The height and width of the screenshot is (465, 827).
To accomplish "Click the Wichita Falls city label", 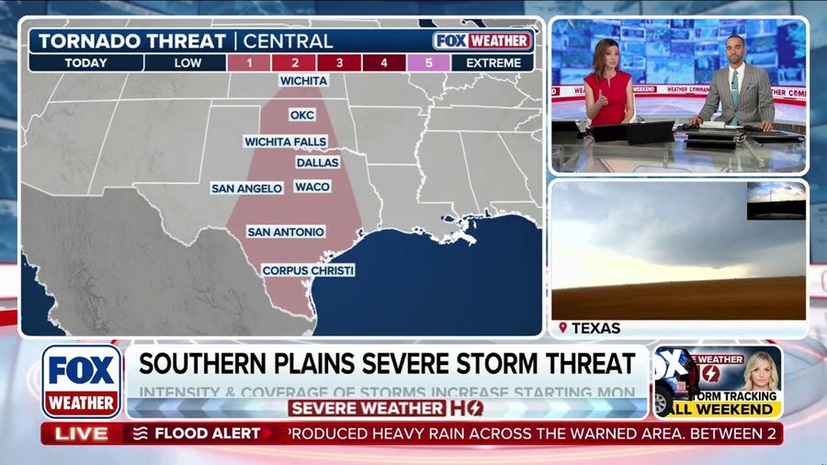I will [285, 142].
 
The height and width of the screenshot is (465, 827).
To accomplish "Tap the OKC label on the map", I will [301, 115].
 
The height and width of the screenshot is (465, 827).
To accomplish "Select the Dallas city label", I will [317, 163].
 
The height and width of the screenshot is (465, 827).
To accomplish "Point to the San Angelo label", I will [246, 188].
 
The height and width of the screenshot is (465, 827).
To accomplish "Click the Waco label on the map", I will [312, 187].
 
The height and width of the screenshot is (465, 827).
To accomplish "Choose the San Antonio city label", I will [285, 232].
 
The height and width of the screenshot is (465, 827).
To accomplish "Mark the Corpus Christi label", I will [308, 270].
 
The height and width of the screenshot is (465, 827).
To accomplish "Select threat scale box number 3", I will [340, 63].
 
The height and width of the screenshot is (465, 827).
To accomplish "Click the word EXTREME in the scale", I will [492, 63].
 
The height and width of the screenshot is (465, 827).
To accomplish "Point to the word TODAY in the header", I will [85, 63].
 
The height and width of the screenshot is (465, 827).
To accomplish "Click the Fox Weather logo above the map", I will [482, 41].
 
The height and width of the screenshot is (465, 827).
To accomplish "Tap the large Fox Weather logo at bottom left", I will [81, 380].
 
